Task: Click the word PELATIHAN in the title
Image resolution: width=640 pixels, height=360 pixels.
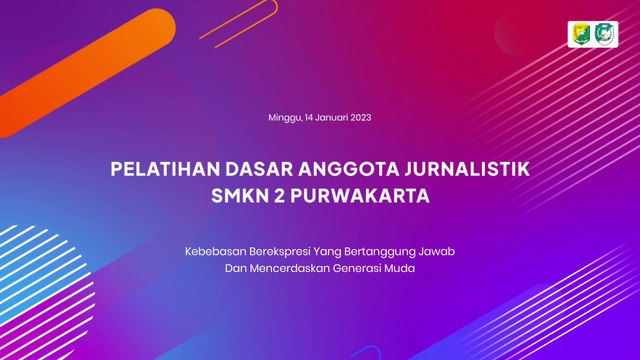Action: (165, 169)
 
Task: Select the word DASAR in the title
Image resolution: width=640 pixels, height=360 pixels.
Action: (259, 169)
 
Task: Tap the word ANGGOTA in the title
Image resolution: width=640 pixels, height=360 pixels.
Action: (348, 169)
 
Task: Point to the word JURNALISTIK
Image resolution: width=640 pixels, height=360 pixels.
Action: (467, 169)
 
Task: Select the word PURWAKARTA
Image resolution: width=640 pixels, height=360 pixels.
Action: (360, 196)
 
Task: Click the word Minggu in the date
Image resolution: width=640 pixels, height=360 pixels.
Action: (285, 118)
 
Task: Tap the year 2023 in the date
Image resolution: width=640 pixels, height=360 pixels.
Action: (360, 118)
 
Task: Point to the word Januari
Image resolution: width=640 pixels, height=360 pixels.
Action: (331, 118)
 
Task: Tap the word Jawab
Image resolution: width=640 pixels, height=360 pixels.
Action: (437, 251)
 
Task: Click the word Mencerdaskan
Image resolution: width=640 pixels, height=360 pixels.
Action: (289, 269)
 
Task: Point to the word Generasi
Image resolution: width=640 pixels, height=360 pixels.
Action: (357, 269)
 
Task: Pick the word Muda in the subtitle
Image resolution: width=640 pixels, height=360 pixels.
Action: (399, 269)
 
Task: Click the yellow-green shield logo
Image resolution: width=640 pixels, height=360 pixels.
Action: (581, 34)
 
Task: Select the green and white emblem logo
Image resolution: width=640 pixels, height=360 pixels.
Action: (604, 34)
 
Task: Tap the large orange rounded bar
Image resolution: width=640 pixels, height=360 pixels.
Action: (87, 73)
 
